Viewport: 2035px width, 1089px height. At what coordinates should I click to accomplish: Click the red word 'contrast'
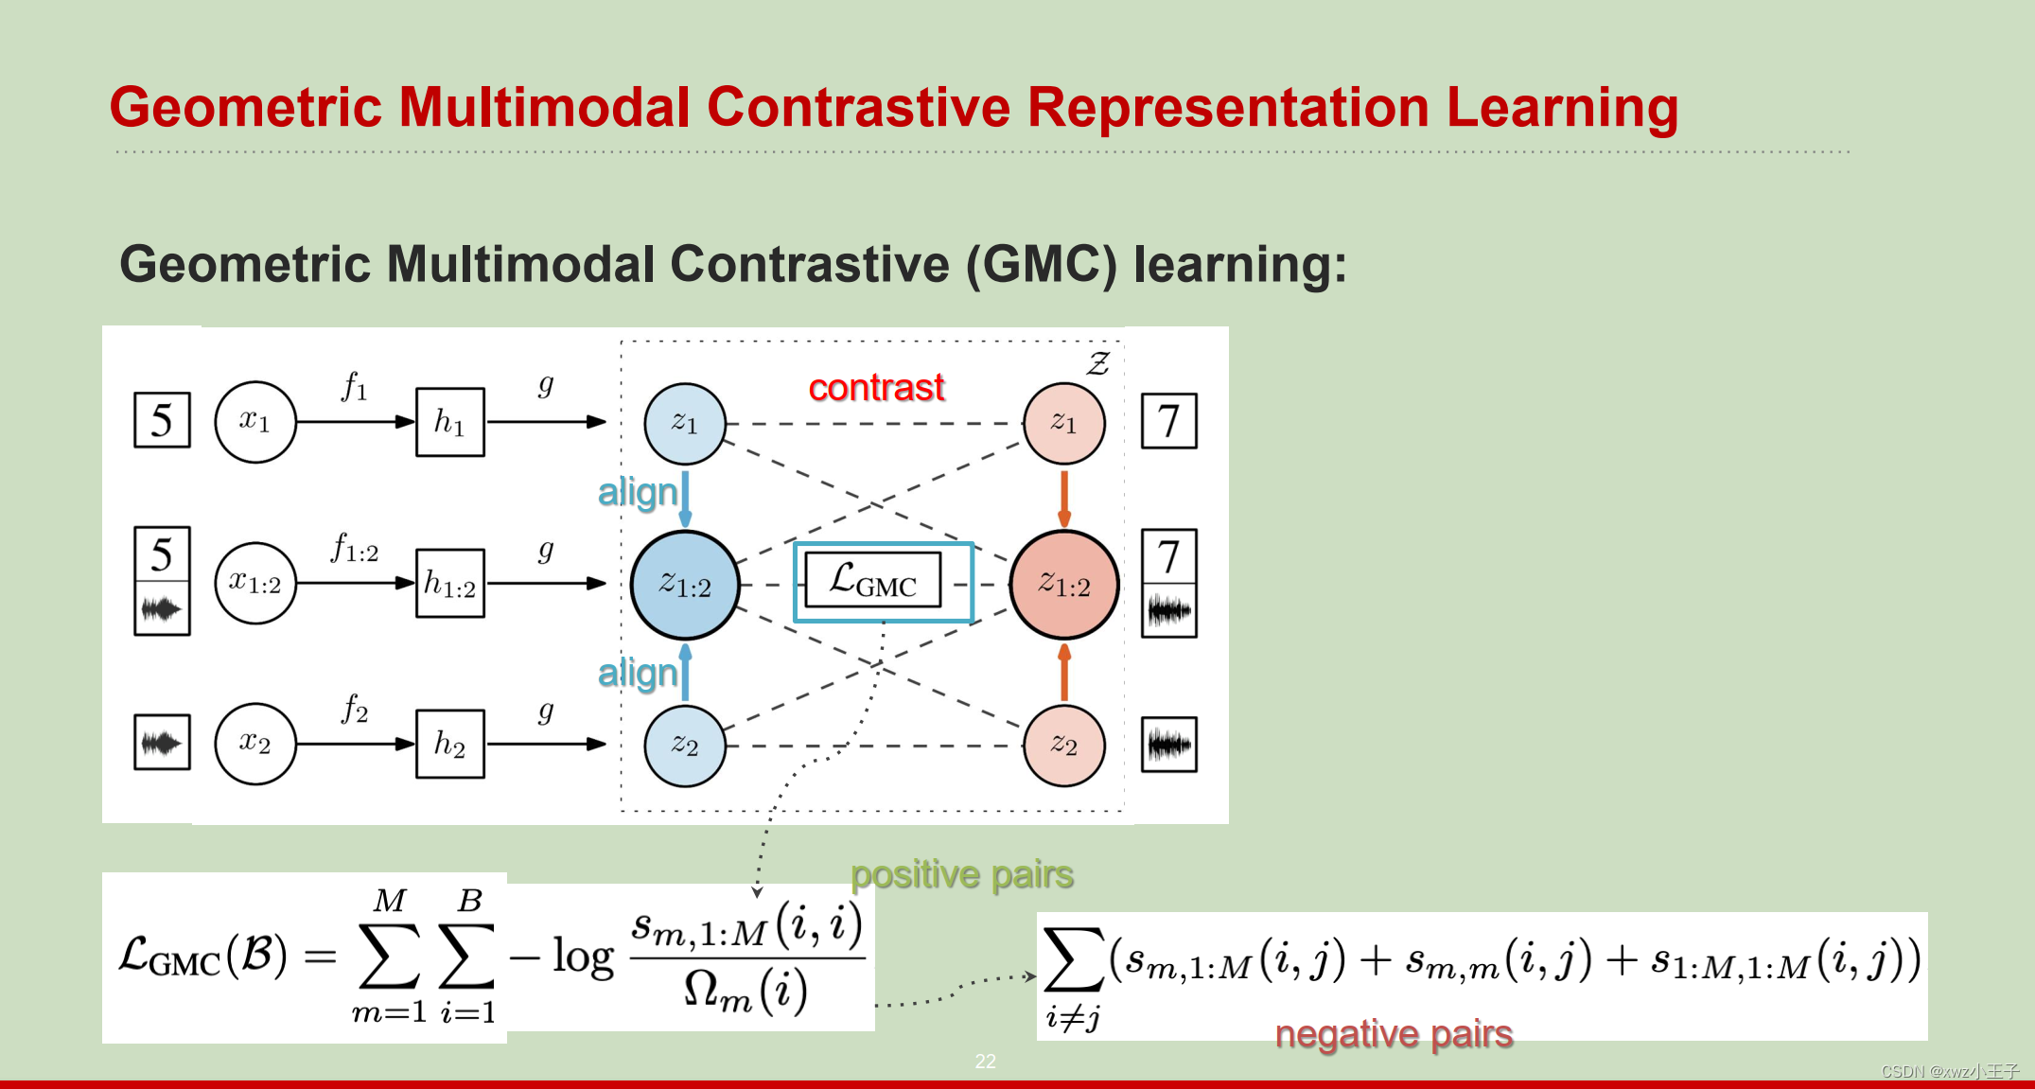click(x=876, y=387)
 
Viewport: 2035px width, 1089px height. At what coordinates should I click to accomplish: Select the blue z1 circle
click(x=684, y=423)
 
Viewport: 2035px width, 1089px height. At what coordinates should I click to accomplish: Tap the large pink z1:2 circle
click(x=1064, y=584)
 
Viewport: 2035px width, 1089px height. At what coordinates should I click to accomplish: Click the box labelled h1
click(x=450, y=422)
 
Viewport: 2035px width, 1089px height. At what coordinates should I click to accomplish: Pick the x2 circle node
click(x=255, y=744)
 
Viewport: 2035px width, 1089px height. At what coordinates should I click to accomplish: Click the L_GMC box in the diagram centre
click(x=873, y=580)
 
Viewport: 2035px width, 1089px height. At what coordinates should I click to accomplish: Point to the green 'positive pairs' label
click(x=961, y=874)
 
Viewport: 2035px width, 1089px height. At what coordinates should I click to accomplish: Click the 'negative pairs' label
click(x=1394, y=1033)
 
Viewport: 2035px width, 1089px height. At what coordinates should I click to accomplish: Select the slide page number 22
click(x=985, y=1062)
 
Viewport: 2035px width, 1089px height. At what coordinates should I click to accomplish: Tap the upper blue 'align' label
click(x=638, y=493)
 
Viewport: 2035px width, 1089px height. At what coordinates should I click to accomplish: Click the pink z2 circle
click(x=1064, y=745)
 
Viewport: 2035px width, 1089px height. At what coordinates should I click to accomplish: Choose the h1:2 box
click(x=450, y=584)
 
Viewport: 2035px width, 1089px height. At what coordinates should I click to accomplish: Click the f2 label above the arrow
click(x=355, y=708)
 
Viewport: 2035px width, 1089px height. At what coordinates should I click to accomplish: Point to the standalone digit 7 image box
click(x=1168, y=421)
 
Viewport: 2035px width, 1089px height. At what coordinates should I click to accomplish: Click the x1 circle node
click(x=255, y=422)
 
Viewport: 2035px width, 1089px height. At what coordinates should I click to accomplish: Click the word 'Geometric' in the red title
click(x=246, y=107)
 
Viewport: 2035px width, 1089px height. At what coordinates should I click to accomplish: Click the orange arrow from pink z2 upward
click(x=1064, y=673)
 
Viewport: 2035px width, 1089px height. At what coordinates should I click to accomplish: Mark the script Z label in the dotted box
click(x=1097, y=363)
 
